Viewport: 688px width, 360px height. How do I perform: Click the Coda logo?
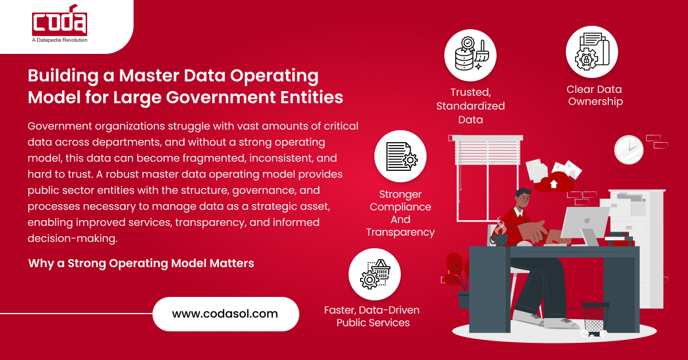click(x=60, y=23)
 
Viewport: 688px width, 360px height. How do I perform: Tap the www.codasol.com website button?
click(x=225, y=314)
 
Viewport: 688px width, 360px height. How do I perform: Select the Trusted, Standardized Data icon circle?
click(x=470, y=55)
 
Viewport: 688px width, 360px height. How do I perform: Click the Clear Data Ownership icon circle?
click(x=592, y=52)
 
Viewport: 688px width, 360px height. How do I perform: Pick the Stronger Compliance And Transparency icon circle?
click(x=400, y=156)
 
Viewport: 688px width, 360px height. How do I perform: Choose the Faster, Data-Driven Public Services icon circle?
click(x=375, y=274)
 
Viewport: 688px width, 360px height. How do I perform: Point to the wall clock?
click(x=628, y=150)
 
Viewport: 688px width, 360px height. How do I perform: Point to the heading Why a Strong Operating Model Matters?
click(x=141, y=263)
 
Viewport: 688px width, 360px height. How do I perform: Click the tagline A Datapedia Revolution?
click(x=60, y=40)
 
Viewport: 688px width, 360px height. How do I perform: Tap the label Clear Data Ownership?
click(x=594, y=95)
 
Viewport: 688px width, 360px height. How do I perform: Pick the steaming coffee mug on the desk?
click(x=500, y=238)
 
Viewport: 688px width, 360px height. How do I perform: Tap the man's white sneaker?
click(x=527, y=318)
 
